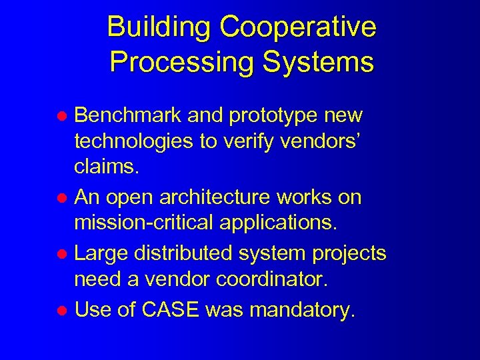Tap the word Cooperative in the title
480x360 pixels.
point(298,27)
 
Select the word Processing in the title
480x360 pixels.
point(182,62)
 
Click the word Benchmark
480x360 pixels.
point(127,115)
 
